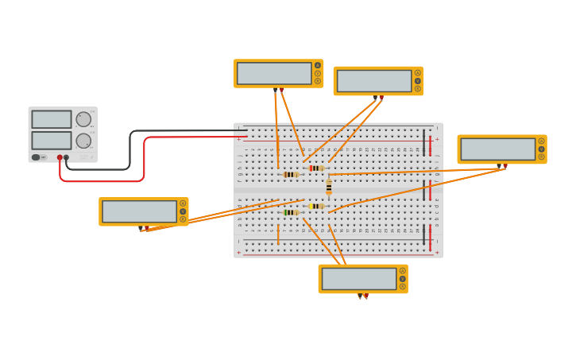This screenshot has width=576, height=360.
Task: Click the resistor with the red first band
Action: click(x=316, y=168)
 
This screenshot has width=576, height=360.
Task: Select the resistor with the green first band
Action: click(x=290, y=212)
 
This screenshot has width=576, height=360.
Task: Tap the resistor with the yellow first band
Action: click(x=316, y=206)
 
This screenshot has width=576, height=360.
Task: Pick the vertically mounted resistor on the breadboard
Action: click(x=329, y=188)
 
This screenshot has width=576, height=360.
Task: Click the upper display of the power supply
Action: click(x=52, y=119)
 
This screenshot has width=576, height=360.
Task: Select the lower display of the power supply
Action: click(x=52, y=141)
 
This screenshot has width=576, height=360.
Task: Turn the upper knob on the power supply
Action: click(x=83, y=119)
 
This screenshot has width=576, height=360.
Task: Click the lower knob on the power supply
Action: click(x=83, y=141)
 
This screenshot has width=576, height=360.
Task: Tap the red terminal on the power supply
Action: click(x=60, y=157)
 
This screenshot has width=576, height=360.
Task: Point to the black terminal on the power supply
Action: click(x=67, y=157)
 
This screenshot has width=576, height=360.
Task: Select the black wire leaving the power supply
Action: click(x=130, y=151)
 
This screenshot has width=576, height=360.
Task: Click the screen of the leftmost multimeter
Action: click(x=139, y=211)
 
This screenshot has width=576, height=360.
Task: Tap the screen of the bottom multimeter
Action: click(x=358, y=279)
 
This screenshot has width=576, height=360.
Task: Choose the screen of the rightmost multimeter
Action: click(x=497, y=149)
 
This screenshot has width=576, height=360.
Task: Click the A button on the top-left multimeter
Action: click(x=318, y=65)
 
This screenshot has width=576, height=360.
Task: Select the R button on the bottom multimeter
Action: click(x=403, y=286)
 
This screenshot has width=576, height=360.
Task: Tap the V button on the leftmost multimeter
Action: click(x=183, y=211)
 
